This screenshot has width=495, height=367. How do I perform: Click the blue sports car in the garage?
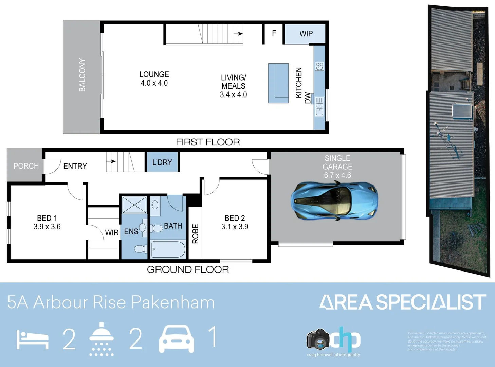click(x=334, y=201)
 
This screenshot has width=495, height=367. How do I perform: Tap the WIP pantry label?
click(x=306, y=34)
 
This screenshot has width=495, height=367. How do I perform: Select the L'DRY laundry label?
click(x=162, y=162)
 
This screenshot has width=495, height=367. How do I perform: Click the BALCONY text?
click(x=82, y=75)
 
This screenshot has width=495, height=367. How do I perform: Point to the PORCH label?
click(x=26, y=166)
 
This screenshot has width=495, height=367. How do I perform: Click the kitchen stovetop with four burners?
click(x=319, y=66)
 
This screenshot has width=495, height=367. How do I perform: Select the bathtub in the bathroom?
click(x=168, y=249)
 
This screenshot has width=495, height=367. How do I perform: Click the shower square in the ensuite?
click(x=134, y=205)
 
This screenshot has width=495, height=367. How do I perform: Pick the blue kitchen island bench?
click(x=278, y=83)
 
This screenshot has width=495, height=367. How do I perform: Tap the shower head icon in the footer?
click(x=102, y=339)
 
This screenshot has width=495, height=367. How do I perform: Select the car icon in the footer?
click(x=177, y=339)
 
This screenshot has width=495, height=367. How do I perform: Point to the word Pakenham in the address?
click(x=173, y=302)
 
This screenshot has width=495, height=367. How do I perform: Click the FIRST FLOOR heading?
click(x=208, y=142)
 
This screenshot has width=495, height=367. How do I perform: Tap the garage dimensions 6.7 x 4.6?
click(x=337, y=175)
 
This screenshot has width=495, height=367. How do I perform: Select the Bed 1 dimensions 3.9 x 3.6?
click(x=47, y=227)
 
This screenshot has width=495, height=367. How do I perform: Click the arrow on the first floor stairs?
click(x=240, y=34)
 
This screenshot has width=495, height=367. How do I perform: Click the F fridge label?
click(x=274, y=33)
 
